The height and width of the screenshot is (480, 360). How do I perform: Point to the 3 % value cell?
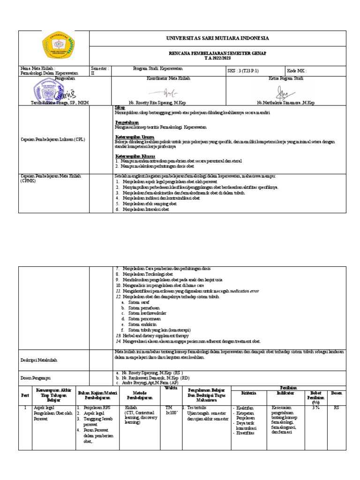coord(315,408)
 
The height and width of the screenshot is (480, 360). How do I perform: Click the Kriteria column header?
coord(248,393)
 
